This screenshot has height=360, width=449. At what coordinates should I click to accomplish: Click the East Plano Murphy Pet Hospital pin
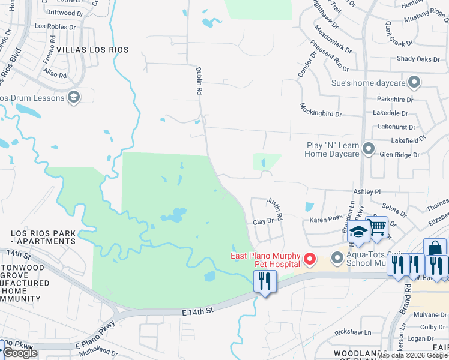pyautogui.click(x=310, y=259)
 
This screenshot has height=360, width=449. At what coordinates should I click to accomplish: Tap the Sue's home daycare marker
pyautogui.click(x=414, y=82)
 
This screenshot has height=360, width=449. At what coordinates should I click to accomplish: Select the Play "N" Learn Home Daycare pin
pyautogui.click(x=369, y=148)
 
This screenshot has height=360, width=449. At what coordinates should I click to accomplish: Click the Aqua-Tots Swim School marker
pyautogui.click(x=337, y=259)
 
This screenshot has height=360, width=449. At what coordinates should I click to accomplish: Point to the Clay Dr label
pyautogui.click(x=263, y=221)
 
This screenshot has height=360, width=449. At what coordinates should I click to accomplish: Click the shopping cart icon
pyautogui.click(x=377, y=227)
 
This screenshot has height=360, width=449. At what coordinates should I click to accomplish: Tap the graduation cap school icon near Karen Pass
pyautogui.click(x=358, y=233)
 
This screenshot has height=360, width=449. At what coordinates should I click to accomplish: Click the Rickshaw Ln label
pyautogui.click(x=353, y=332)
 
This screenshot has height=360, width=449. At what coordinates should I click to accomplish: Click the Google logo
pyautogui.click(x=20, y=353)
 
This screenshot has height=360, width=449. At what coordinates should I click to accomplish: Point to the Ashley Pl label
pyautogui.click(x=367, y=191)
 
